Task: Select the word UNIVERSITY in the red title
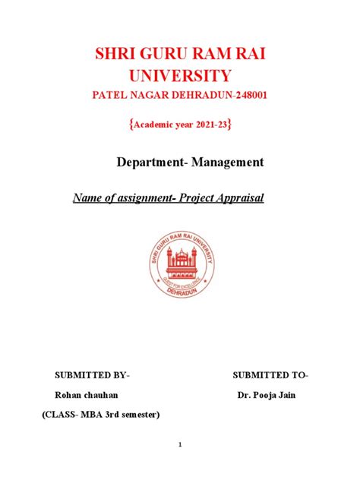coord(180,76)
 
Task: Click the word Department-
coord(147,163)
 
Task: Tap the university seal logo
coord(180,264)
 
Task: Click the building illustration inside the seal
coord(181,263)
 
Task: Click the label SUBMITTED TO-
coord(270,376)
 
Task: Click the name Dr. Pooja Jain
coord(265,396)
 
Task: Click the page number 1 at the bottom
coord(180,445)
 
